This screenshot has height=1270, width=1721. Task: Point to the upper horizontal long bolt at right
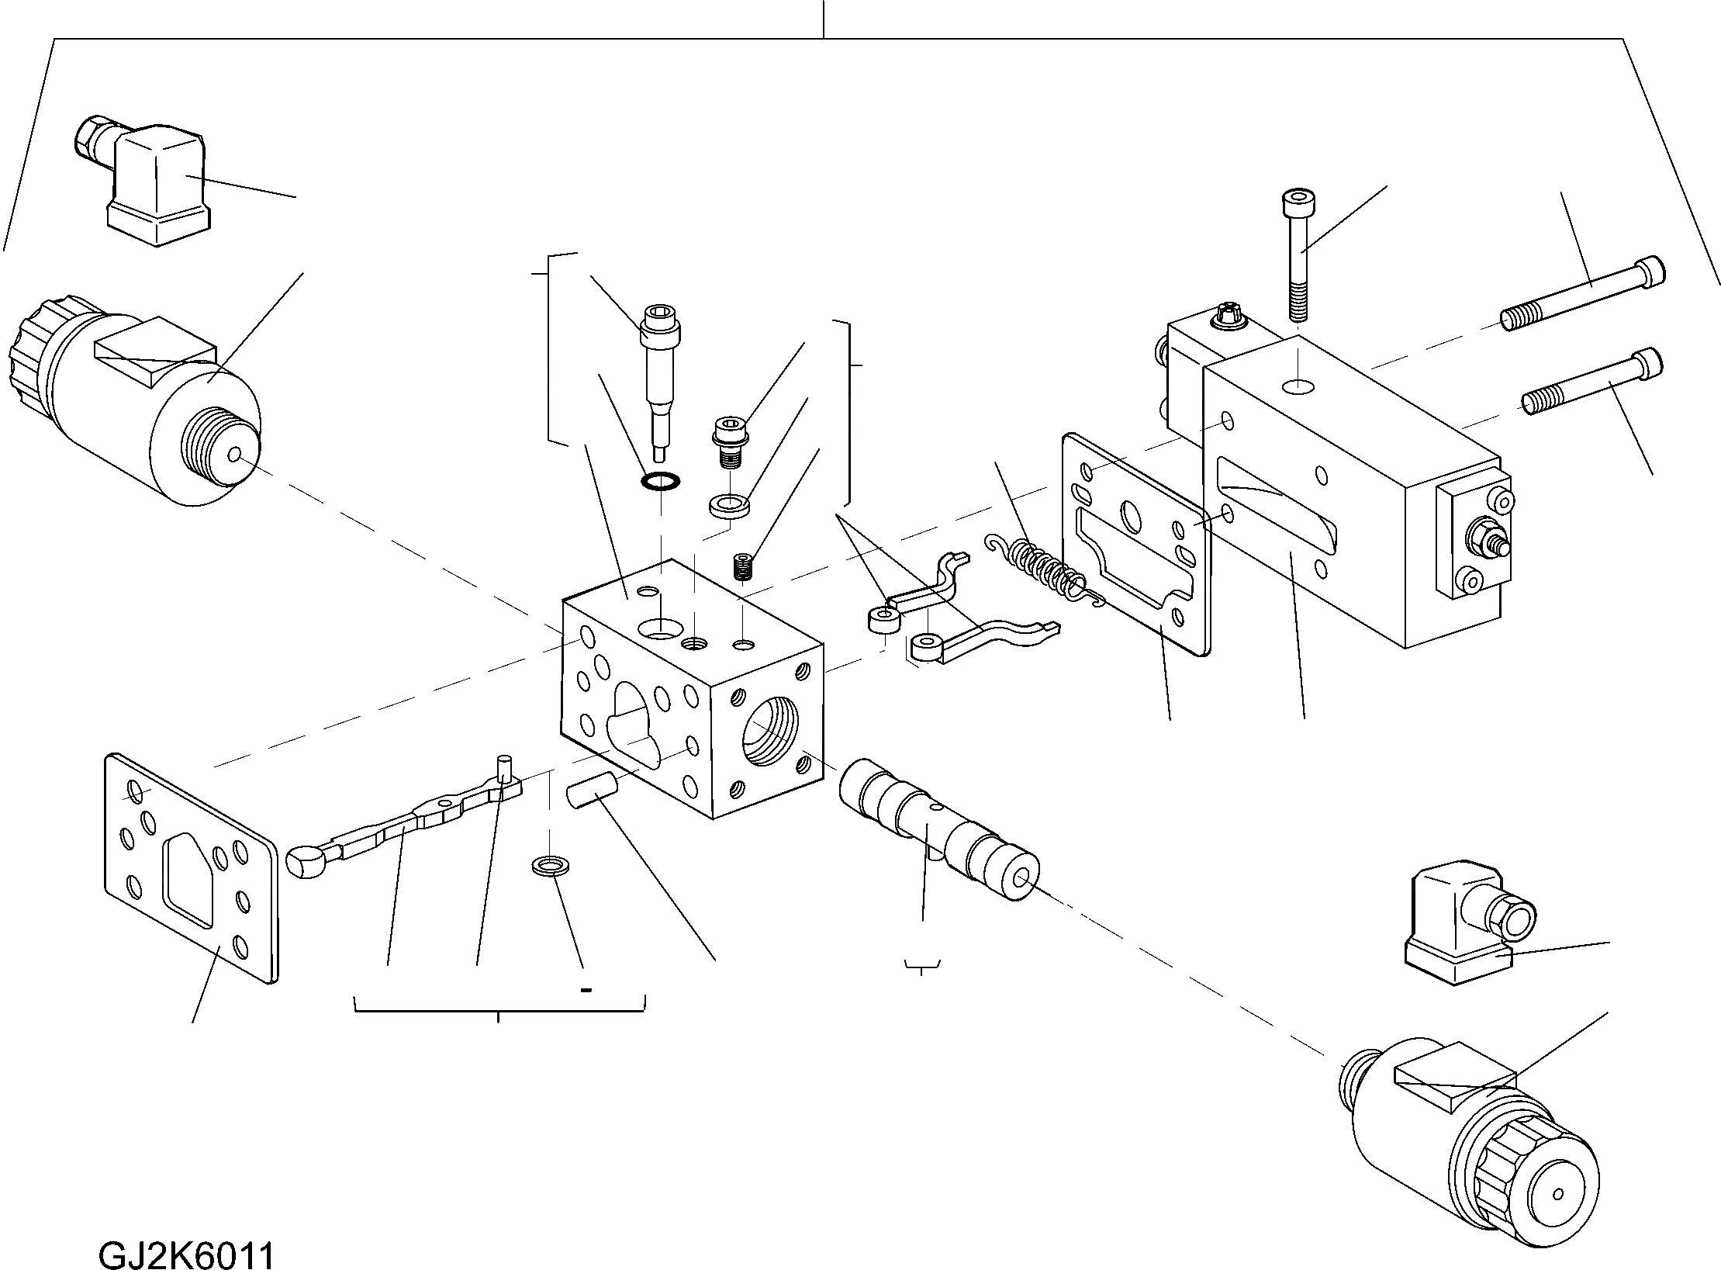tap(1582, 295)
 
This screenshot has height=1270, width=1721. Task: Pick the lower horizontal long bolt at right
tap(1594, 382)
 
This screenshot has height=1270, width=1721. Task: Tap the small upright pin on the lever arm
tap(506, 774)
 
